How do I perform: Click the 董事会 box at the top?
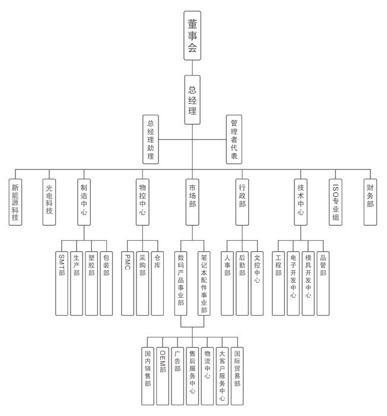tap(192, 36)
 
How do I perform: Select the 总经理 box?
tap(192, 100)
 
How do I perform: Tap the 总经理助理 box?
tap(151, 139)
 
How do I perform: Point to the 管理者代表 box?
tap(234, 139)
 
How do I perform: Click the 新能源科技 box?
tap(15, 202)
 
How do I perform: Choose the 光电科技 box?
tap(49, 202)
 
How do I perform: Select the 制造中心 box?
tap(84, 202)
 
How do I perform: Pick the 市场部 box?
tap(192, 202)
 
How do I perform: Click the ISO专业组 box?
tap(335, 202)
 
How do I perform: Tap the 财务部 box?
tap(370, 202)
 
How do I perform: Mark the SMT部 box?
tap(62, 283)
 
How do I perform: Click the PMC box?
tap(128, 283)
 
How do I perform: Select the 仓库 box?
tap(157, 283)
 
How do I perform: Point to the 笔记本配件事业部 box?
tap(204, 283)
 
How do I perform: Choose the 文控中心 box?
tap(257, 283)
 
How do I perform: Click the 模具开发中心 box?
tap(308, 283)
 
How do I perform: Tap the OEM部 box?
tap(163, 376)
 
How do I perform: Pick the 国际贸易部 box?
tap(237, 376)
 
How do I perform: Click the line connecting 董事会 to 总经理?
tap(192, 68)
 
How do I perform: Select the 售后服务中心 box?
tap(192, 376)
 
